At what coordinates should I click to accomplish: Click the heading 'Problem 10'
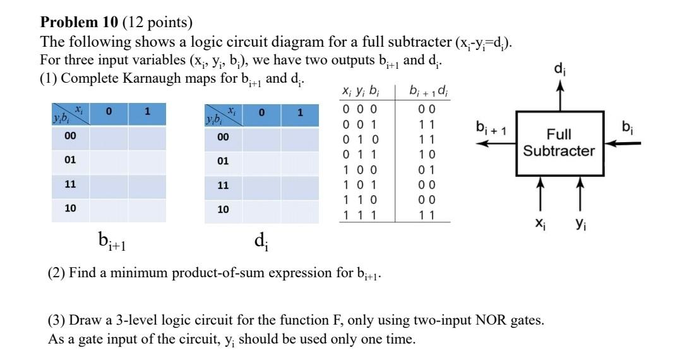79,23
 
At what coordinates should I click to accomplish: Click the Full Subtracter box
556,143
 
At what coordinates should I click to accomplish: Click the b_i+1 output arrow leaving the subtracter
496,143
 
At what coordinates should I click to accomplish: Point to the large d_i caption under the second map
260,241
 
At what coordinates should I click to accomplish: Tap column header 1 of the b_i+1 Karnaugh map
147,113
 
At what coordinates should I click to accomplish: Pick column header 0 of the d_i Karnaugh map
261,113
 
